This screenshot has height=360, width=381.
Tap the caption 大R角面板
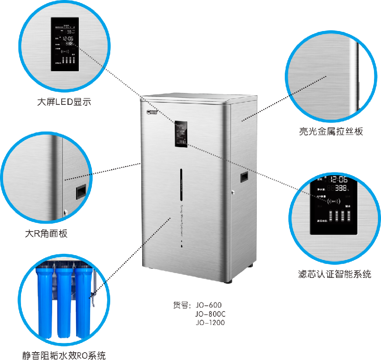click(x=45, y=233)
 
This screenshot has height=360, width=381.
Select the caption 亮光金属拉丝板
click(x=331, y=131)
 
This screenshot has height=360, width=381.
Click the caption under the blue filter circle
click(x=64, y=355)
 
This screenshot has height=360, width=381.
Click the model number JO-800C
click(x=210, y=314)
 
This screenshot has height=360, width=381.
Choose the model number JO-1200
click(x=210, y=322)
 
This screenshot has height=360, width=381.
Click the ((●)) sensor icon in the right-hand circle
click(x=334, y=201)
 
